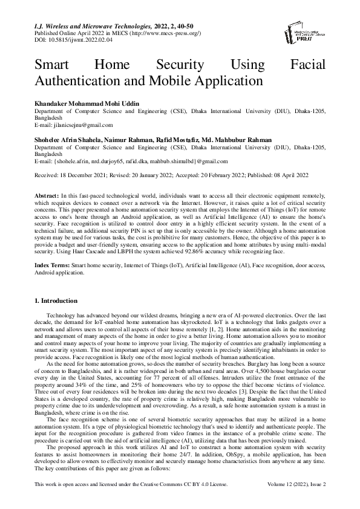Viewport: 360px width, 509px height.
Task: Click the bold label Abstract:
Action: [x=47, y=197]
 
